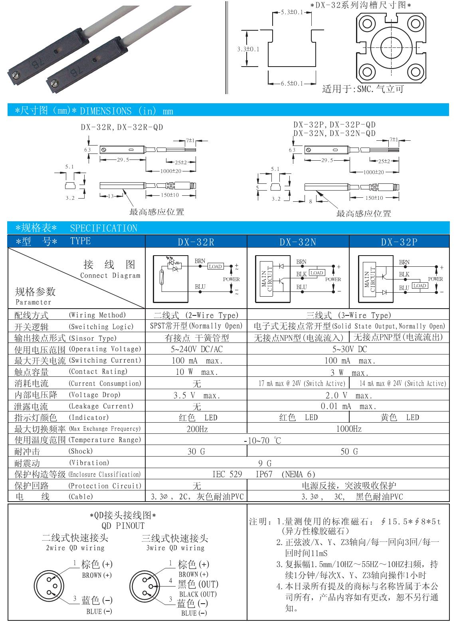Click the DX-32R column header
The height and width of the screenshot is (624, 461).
coord(196,242)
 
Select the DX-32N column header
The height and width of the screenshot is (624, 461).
coord(298,242)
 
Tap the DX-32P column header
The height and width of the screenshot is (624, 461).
coord(399,242)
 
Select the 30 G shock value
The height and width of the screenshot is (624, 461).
coord(196,452)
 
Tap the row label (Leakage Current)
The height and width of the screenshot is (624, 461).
coord(101,406)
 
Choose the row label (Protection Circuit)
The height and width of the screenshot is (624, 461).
coord(105,486)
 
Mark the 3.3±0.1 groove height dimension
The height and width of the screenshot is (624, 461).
coord(248,49)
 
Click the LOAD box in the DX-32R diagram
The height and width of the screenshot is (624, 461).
coord(215,266)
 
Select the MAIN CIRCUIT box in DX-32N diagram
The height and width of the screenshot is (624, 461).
coord(266,279)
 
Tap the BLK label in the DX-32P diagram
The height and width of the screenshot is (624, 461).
coord(404,274)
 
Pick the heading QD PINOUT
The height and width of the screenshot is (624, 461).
coord(123,526)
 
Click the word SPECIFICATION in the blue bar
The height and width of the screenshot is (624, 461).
coord(103,228)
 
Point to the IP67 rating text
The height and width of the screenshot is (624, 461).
coord(264,474)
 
